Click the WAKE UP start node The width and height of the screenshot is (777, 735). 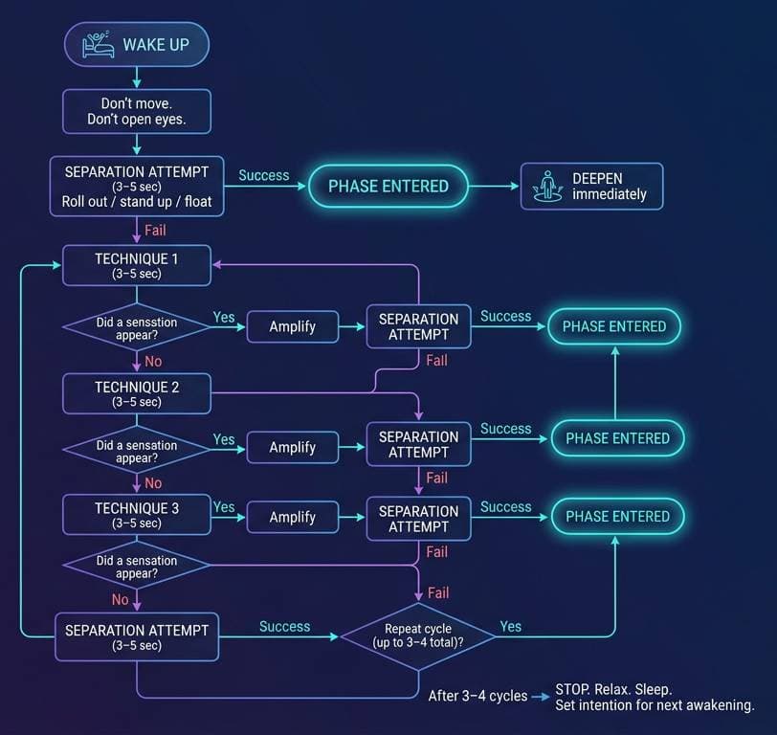coord(136,44)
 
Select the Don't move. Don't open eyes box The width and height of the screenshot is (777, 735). coord(136,111)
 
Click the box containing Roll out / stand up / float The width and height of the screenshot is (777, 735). coord(136,186)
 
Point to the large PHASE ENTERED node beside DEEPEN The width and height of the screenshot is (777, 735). coord(388,187)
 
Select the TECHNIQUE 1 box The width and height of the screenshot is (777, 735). coord(136,265)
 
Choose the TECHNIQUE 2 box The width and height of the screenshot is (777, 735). coord(136,393)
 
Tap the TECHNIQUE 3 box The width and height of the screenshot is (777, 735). coord(136,515)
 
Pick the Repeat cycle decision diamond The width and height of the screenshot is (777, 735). coord(417,635)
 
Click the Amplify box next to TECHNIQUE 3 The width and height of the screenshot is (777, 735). coord(292,517)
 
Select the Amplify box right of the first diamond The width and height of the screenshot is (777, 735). coord(292,326)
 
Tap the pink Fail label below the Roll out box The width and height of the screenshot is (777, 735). coord(156,230)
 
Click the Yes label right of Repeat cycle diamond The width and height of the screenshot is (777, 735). coord(511,626)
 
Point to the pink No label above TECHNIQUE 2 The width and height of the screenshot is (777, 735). coord(152,361)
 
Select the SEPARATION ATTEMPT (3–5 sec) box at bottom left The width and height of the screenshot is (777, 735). coord(136,637)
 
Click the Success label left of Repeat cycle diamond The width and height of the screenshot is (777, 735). coord(284,626)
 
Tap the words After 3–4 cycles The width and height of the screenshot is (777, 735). coord(477,696)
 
